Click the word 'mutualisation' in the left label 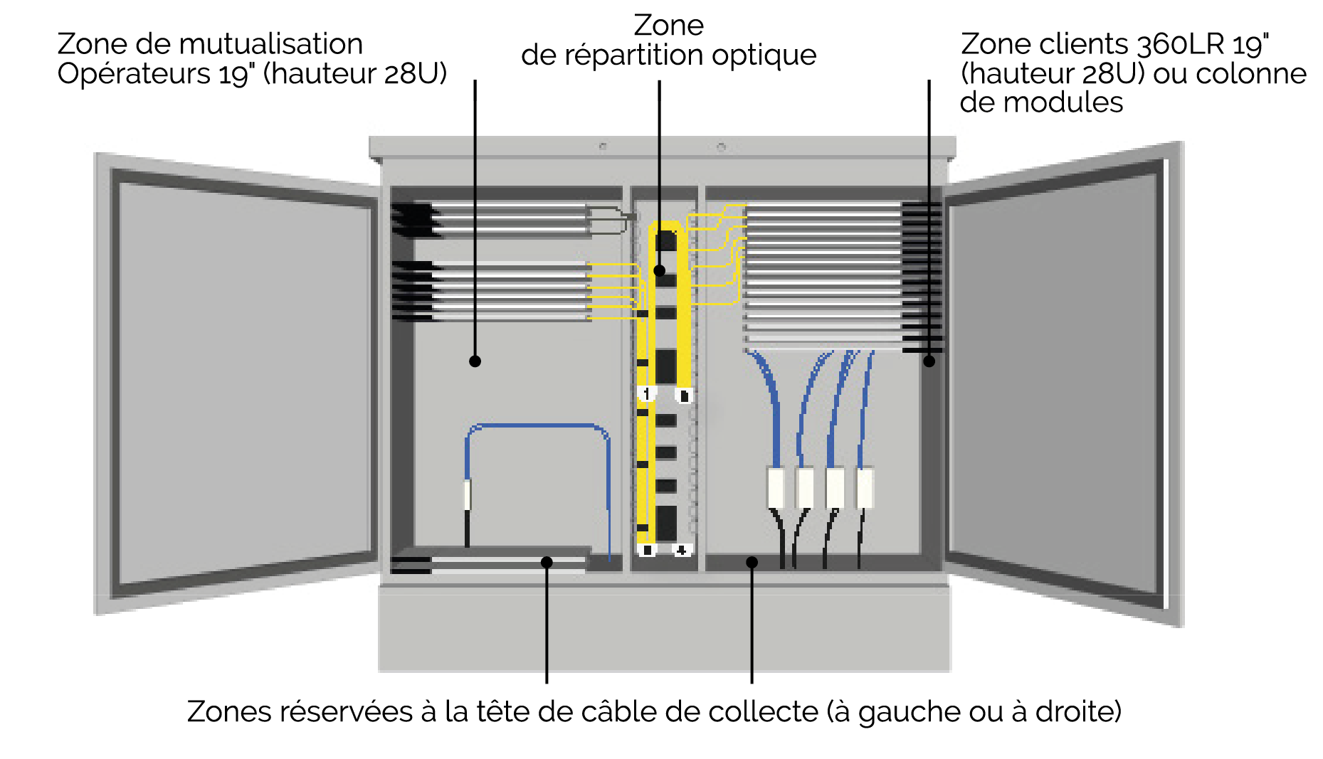271,44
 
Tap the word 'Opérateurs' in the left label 135,74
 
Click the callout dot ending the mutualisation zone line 475,361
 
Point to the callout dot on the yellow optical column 660,270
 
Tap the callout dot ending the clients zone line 929,361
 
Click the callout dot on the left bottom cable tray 547,563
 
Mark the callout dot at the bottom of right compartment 752,563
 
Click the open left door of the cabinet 242,384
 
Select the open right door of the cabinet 1060,384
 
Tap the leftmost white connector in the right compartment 776,487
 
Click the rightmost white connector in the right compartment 865,487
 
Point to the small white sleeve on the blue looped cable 468,494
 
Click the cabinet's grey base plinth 663,630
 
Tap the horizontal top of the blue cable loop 537,426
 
